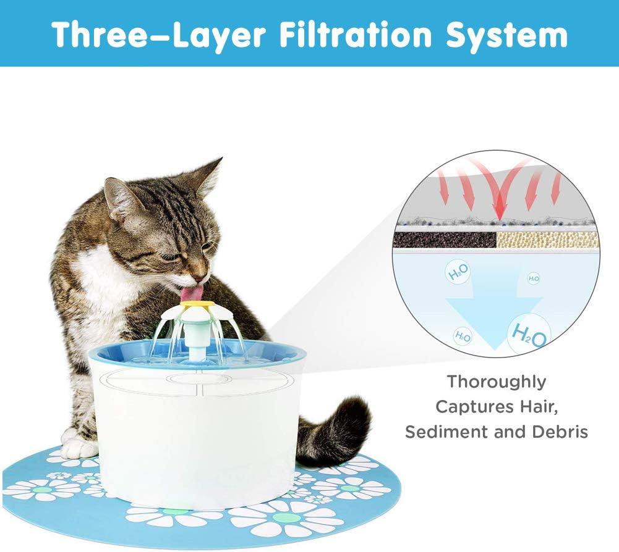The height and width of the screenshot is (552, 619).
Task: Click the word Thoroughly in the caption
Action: pos(497,382)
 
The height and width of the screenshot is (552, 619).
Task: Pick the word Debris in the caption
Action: pos(560,432)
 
